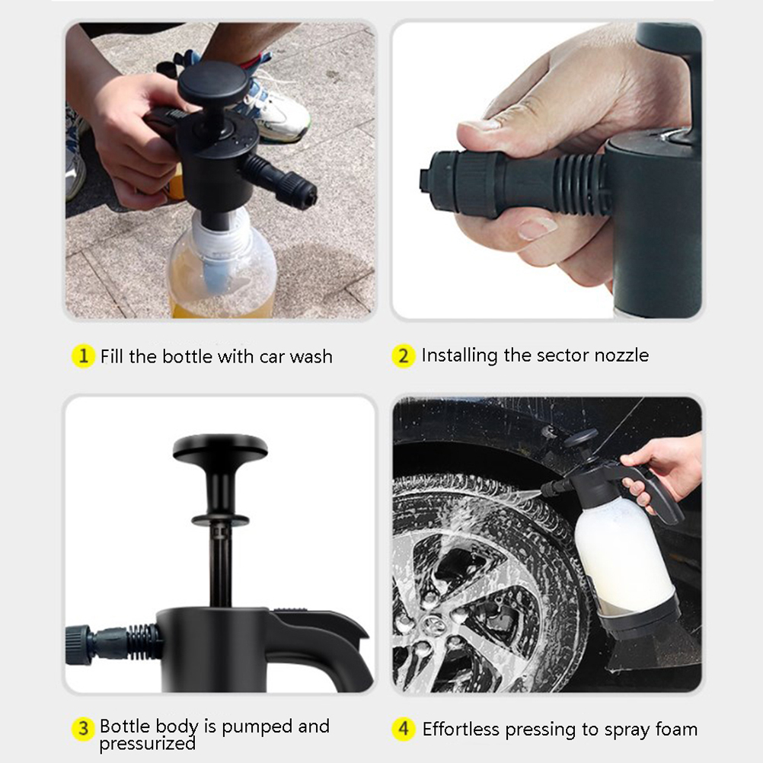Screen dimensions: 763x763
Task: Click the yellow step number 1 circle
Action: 83,356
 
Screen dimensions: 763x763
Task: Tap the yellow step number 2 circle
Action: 404,356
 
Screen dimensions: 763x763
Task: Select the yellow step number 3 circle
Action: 83,729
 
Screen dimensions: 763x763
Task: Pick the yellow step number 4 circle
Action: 404,729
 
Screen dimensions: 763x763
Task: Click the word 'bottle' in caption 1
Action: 187,356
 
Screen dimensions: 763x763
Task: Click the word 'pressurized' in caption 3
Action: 148,743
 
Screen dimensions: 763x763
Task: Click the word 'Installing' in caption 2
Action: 459,355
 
